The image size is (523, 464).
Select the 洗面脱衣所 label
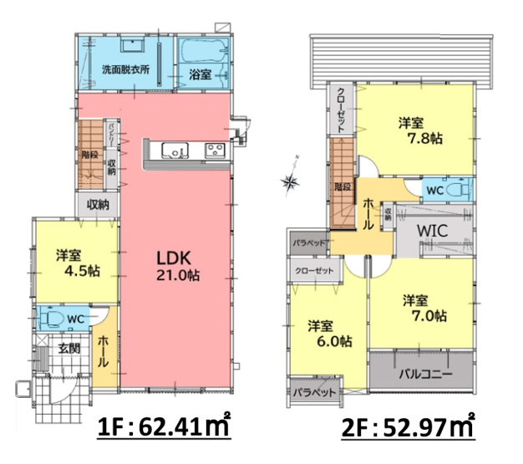pyautogui.click(x=126, y=70)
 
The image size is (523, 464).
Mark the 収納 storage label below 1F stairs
pyautogui.click(x=98, y=204)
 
